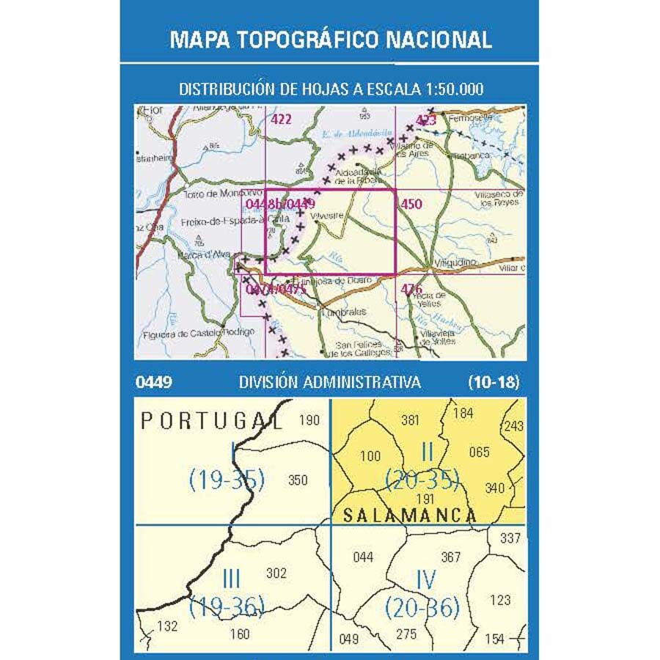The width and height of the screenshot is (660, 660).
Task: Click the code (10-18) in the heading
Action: point(494,382)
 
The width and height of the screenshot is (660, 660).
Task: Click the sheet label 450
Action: point(411,204)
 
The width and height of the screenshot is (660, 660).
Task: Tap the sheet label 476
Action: point(411,290)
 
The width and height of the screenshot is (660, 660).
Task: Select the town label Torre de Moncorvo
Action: point(213,194)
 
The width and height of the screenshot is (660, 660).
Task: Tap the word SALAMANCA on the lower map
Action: point(410,516)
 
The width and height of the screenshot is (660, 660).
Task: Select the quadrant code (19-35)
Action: point(226,480)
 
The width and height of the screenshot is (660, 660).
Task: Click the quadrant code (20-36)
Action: point(422,607)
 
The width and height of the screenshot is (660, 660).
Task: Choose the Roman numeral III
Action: point(230,579)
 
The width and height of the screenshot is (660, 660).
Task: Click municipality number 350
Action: point(298,480)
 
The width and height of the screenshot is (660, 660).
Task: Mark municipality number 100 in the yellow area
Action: point(370,456)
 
